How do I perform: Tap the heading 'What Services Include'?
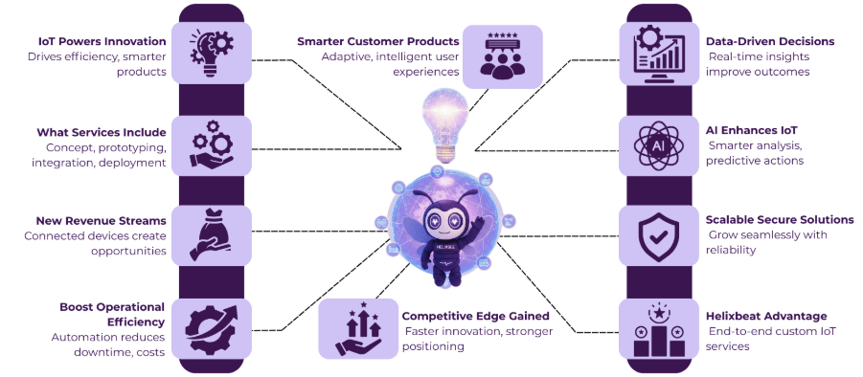(x=102, y=132)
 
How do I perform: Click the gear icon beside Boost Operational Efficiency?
(x=211, y=327)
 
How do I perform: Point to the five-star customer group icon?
(x=502, y=55)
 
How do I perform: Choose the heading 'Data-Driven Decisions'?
(x=769, y=42)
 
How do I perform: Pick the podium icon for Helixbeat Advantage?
(x=658, y=327)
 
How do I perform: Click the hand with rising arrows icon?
(x=358, y=327)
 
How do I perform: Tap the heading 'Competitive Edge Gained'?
(x=475, y=316)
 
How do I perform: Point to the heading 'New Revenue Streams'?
(x=102, y=221)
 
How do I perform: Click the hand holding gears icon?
(x=211, y=144)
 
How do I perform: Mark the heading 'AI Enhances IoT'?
(x=751, y=130)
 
